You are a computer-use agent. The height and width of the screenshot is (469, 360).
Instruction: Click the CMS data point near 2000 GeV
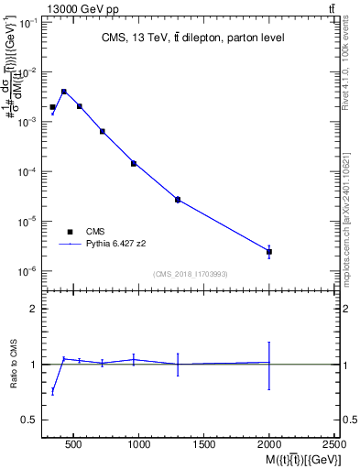point(269,252)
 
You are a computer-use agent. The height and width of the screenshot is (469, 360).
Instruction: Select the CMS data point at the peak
point(64,92)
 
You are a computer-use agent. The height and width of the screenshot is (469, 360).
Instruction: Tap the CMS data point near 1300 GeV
point(178,199)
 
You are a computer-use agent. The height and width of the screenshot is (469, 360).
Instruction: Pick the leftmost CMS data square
point(53,107)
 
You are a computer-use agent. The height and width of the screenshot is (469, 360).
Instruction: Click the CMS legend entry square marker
point(70,232)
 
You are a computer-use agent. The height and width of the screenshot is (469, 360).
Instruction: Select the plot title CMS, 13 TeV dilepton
point(191,38)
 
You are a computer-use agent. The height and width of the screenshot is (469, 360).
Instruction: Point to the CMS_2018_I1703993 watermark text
point(191,273)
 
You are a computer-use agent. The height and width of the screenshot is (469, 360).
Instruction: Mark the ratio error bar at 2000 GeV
point(269,365)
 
